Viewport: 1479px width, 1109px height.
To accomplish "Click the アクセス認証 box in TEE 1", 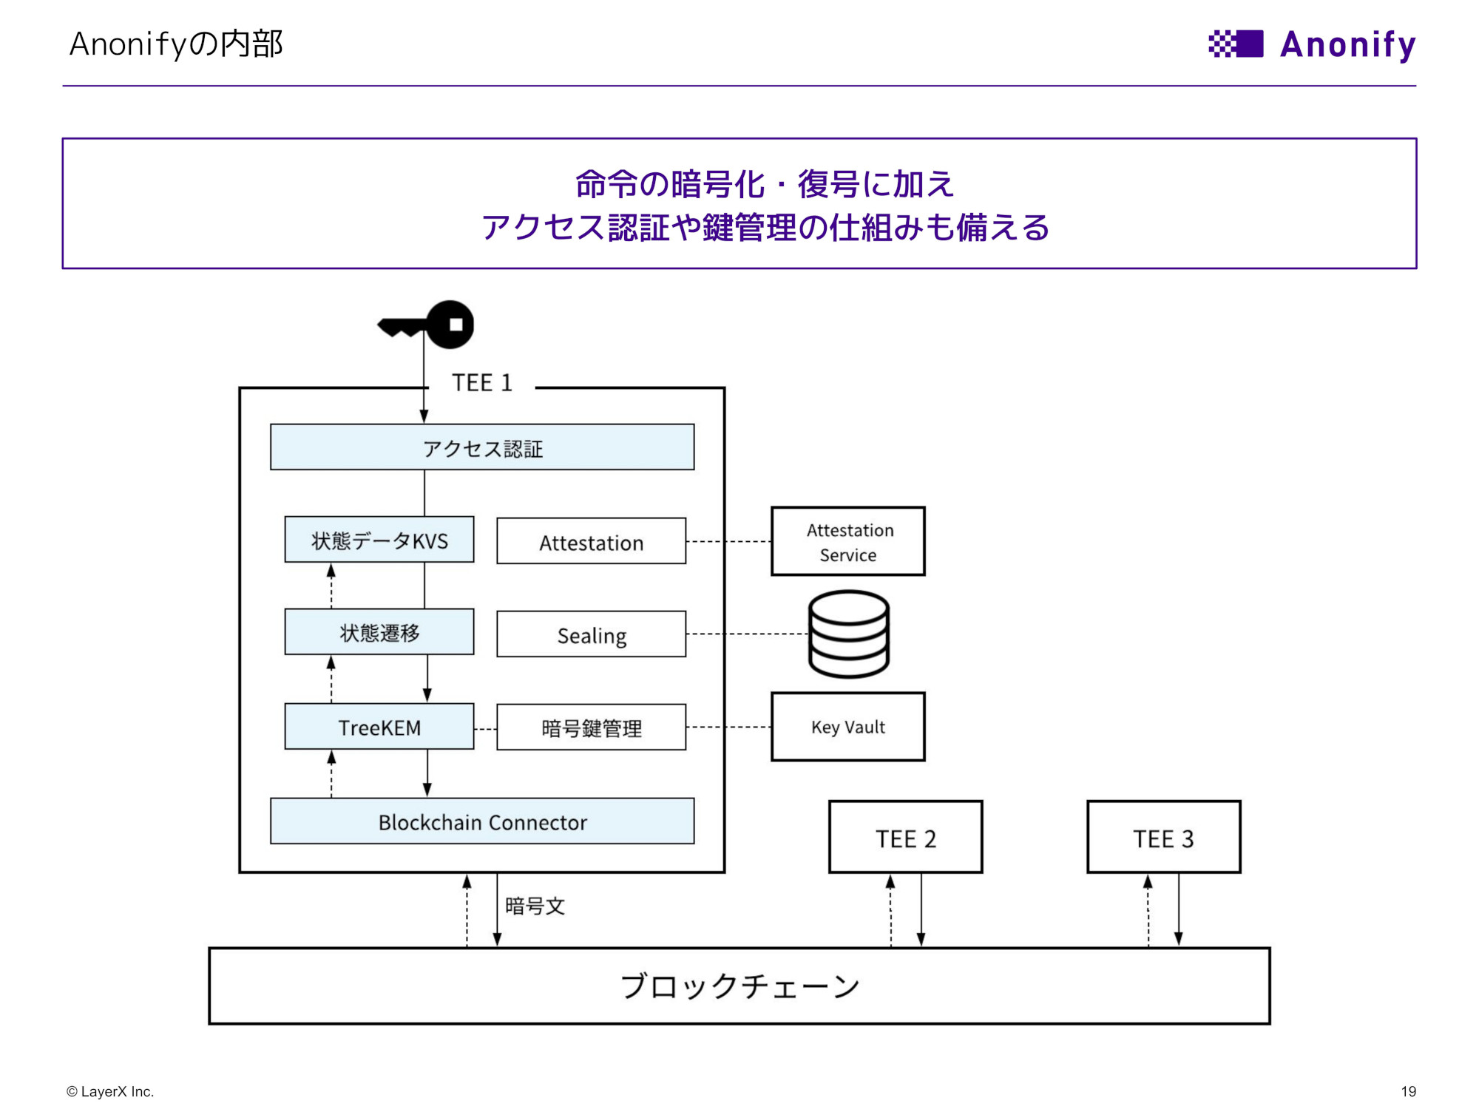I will pos(482,447).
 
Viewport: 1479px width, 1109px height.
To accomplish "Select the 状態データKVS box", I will pos(379,540).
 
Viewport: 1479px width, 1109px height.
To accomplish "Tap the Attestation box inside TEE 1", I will pos(591,542).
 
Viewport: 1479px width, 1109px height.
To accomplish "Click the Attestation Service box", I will pos(847,541).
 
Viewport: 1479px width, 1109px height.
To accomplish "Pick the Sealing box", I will pos(591,634).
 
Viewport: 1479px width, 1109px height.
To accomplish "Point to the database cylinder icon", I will pos(848,634).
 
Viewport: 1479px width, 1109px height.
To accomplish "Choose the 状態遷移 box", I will pos(379,632).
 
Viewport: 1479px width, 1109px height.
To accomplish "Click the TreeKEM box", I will pos(379,727).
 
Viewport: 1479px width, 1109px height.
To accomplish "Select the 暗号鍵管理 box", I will pos(591,728).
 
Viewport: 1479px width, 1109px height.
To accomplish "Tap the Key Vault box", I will pos(847,727).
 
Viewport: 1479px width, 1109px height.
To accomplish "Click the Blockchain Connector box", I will pos(482,821).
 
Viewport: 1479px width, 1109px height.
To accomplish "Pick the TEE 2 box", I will pos(905,838).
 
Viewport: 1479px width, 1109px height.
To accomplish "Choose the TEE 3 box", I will pos(1163,838).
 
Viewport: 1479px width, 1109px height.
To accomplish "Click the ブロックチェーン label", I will pos(739,986).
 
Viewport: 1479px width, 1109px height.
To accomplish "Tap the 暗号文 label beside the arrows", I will pos(535,906).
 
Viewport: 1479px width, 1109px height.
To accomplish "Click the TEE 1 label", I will pos(482,383).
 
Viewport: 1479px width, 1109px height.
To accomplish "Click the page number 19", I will pos(1408,1091).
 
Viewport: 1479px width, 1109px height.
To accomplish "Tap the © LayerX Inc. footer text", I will pos(110,1091).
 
